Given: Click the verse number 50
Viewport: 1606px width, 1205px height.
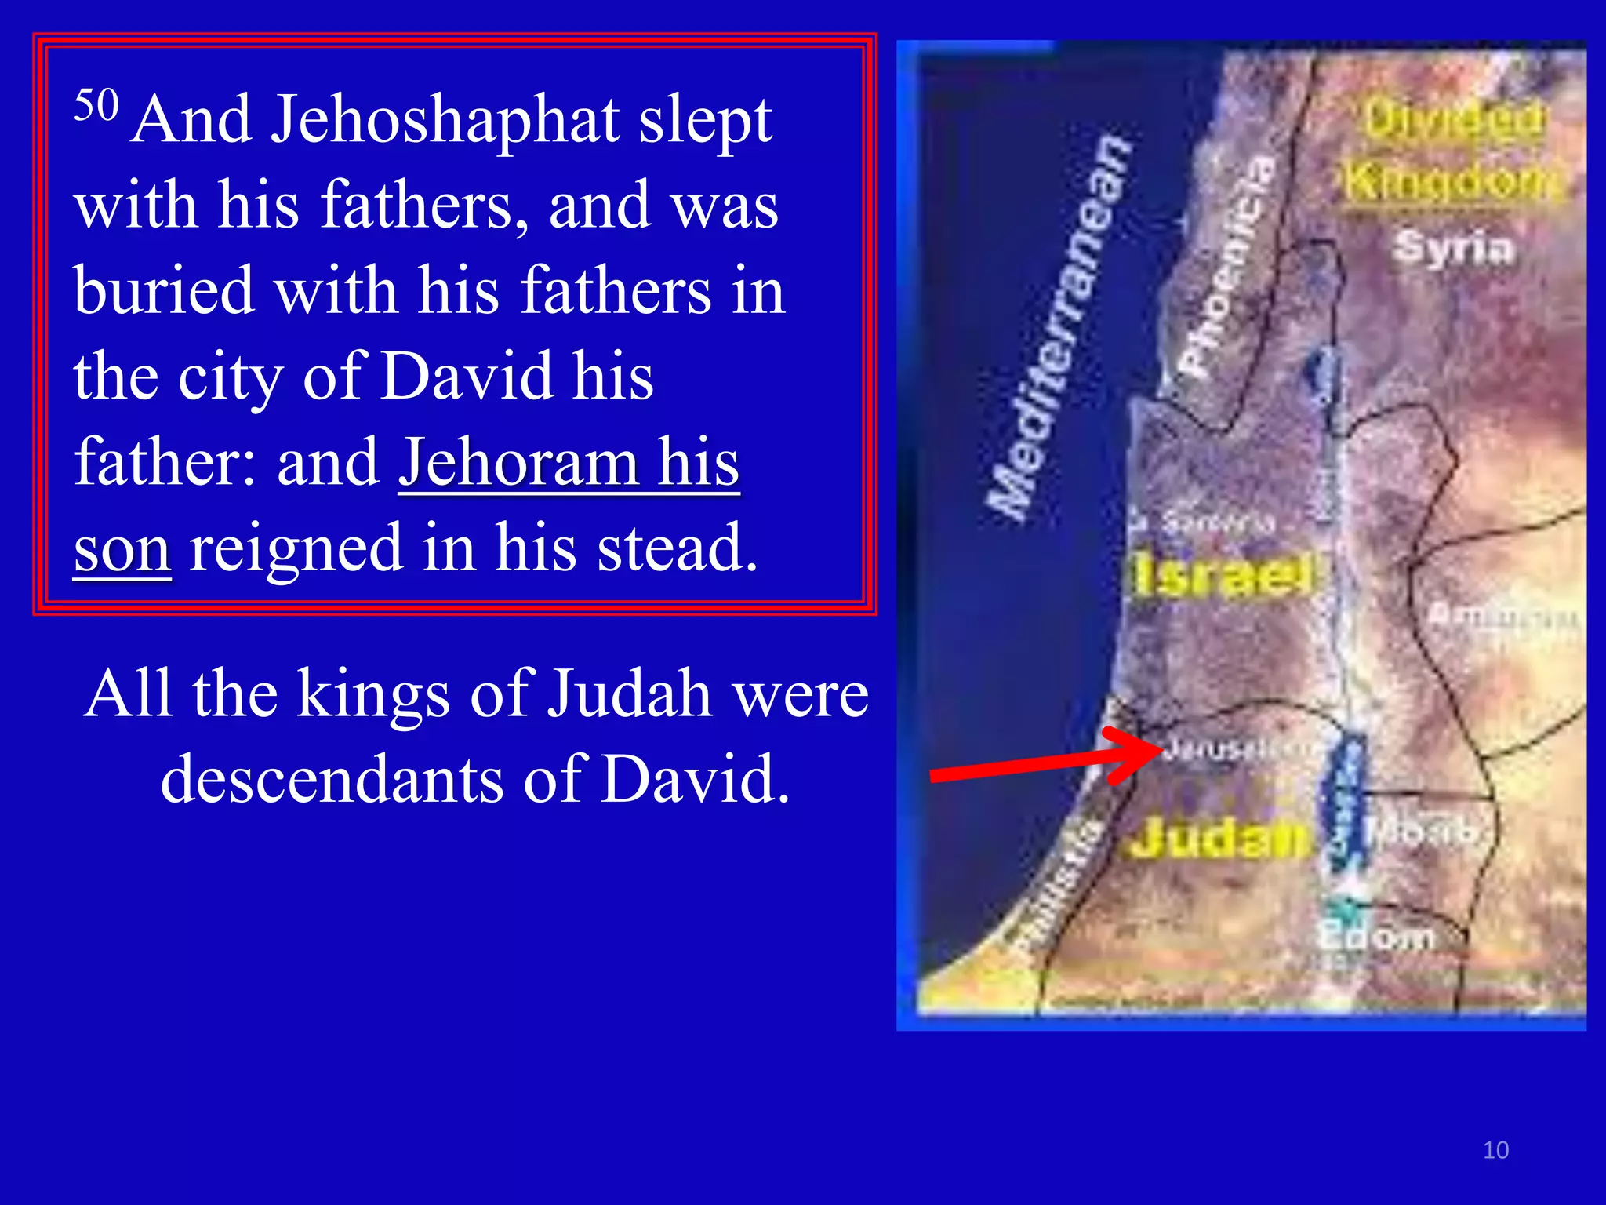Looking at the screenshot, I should [96, 104].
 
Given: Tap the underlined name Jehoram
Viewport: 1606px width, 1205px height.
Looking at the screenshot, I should [518, 462].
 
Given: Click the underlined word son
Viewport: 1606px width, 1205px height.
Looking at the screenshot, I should [122, 548].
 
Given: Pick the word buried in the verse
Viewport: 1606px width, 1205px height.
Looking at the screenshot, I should [164, 291].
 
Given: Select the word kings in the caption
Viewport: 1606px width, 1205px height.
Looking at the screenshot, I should [372, 694].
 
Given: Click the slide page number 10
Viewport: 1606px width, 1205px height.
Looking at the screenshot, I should [1495, 1150].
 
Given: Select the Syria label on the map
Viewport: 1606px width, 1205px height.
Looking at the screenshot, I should [1453, 247].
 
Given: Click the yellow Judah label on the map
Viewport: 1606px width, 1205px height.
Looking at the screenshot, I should [1220, 839].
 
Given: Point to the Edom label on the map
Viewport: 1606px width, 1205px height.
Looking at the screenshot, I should [1375, 936].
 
